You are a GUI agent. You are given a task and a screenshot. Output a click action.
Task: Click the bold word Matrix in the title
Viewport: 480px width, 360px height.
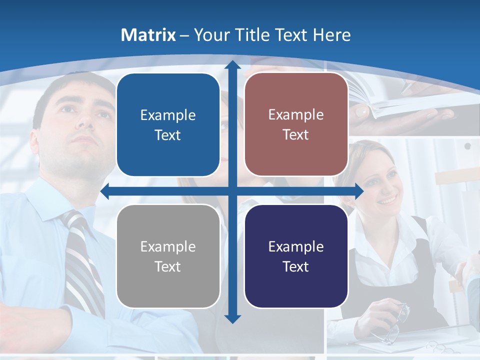148,35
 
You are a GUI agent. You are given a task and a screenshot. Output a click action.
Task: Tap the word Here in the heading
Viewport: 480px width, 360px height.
331,35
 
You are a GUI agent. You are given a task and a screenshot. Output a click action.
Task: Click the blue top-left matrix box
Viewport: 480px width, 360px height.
168,124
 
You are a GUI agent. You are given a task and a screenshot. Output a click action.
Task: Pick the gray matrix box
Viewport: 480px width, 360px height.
168,256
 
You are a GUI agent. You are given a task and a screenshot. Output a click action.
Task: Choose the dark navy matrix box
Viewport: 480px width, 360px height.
296,256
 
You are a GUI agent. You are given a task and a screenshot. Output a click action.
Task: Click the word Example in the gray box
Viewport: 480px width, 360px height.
168,246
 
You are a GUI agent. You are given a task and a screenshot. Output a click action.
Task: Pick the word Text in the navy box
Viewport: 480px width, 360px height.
296,266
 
